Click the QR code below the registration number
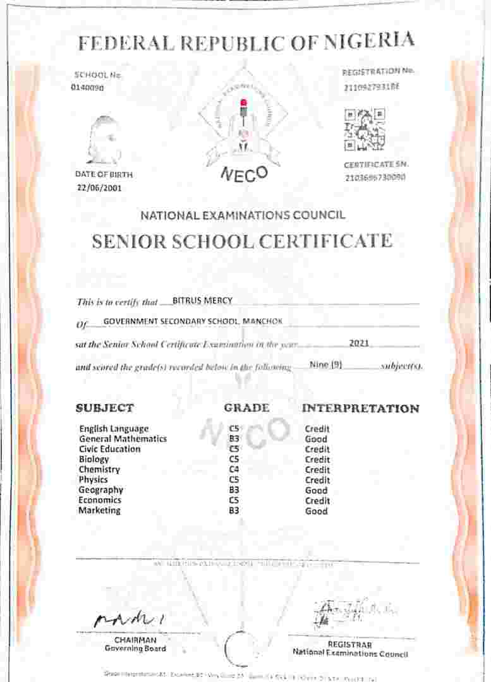[x=365, y=130]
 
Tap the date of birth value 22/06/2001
[x=100, y=188]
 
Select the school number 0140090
[x=87, y=88]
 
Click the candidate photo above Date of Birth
[x=104, y=140]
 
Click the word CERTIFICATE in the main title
[x=333, y=241]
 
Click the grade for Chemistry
[x=234, y=470]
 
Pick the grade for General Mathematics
[x=234, y=439]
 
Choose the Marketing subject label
[x=99, y=510]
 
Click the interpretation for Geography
[x=316, y=490]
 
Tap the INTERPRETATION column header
[x=360, y=409]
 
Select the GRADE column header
[x=246, y=408]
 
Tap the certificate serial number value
[x=375, y=177]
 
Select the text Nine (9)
[x=325, y=364]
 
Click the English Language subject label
[x=114, y=429]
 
